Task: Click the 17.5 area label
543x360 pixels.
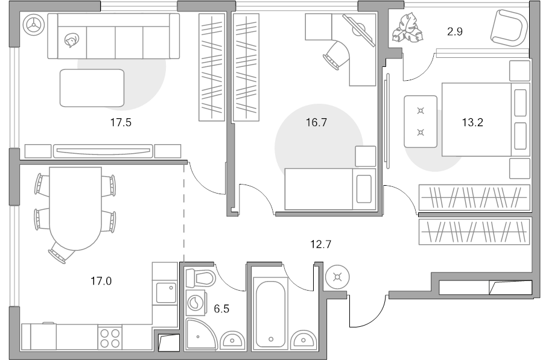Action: pyautogui.click(x=121, y=122)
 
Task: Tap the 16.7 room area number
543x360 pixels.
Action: pyautogui.click(x=316, y=122)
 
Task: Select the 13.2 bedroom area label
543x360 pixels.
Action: pyautogui.click(x=472, y=122)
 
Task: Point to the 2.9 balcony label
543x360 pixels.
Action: pyautogui.click(x=455, y=32)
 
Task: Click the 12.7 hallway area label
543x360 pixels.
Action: pyautogui.click(x=321, y=245)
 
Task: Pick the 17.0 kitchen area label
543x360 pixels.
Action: pyautogui.click(x=101, y=281)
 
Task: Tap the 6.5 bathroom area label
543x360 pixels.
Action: pyautogui.click(x=221, y=309)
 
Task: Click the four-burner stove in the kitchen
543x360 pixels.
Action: pyautogui.click(x=110, y=338)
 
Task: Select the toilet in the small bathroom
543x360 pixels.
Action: pyautogui.click(x=200, y=277)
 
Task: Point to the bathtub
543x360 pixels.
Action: pyautogui.click(x=271, y=314)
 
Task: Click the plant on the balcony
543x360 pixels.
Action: pyautogui.click(x=407, y=28)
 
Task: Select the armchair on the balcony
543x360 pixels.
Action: pyautogui.click(x=509, y=28)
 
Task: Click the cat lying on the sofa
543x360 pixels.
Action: pyautogui.click(x=72, y=40)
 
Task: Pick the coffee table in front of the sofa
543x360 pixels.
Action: pyautogui.click(x=92, y=88)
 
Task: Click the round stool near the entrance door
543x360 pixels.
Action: pyautogui.click(x=338, y=277)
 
